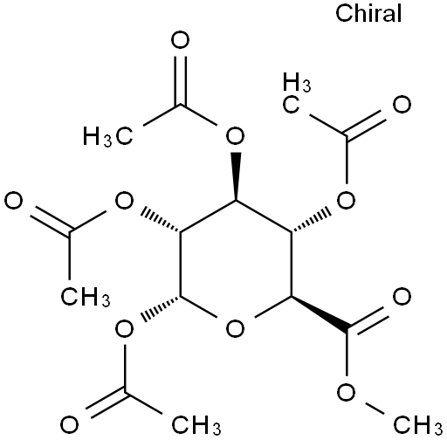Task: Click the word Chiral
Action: [368, 13]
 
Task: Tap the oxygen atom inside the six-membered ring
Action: [235, 328]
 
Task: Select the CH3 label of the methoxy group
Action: [418, 424]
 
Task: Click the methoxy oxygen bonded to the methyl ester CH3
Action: [346, 393]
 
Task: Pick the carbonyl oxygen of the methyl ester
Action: [402, 297]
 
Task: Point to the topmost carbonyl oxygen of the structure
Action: [180, 40]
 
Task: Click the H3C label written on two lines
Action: [297, 93]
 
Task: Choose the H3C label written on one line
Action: [108, 136]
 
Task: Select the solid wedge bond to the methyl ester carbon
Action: [320, 313]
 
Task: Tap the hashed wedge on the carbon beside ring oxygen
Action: [161, 308]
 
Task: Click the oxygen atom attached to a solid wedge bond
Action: [236, 136]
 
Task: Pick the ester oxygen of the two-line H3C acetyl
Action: [346, 201]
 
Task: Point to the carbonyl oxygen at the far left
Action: [14, 201]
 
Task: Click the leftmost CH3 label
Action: [86, 297]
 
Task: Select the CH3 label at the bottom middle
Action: [196, 424]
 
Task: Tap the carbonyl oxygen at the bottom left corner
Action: [69, 424]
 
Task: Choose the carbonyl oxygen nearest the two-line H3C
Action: [402, 105]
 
